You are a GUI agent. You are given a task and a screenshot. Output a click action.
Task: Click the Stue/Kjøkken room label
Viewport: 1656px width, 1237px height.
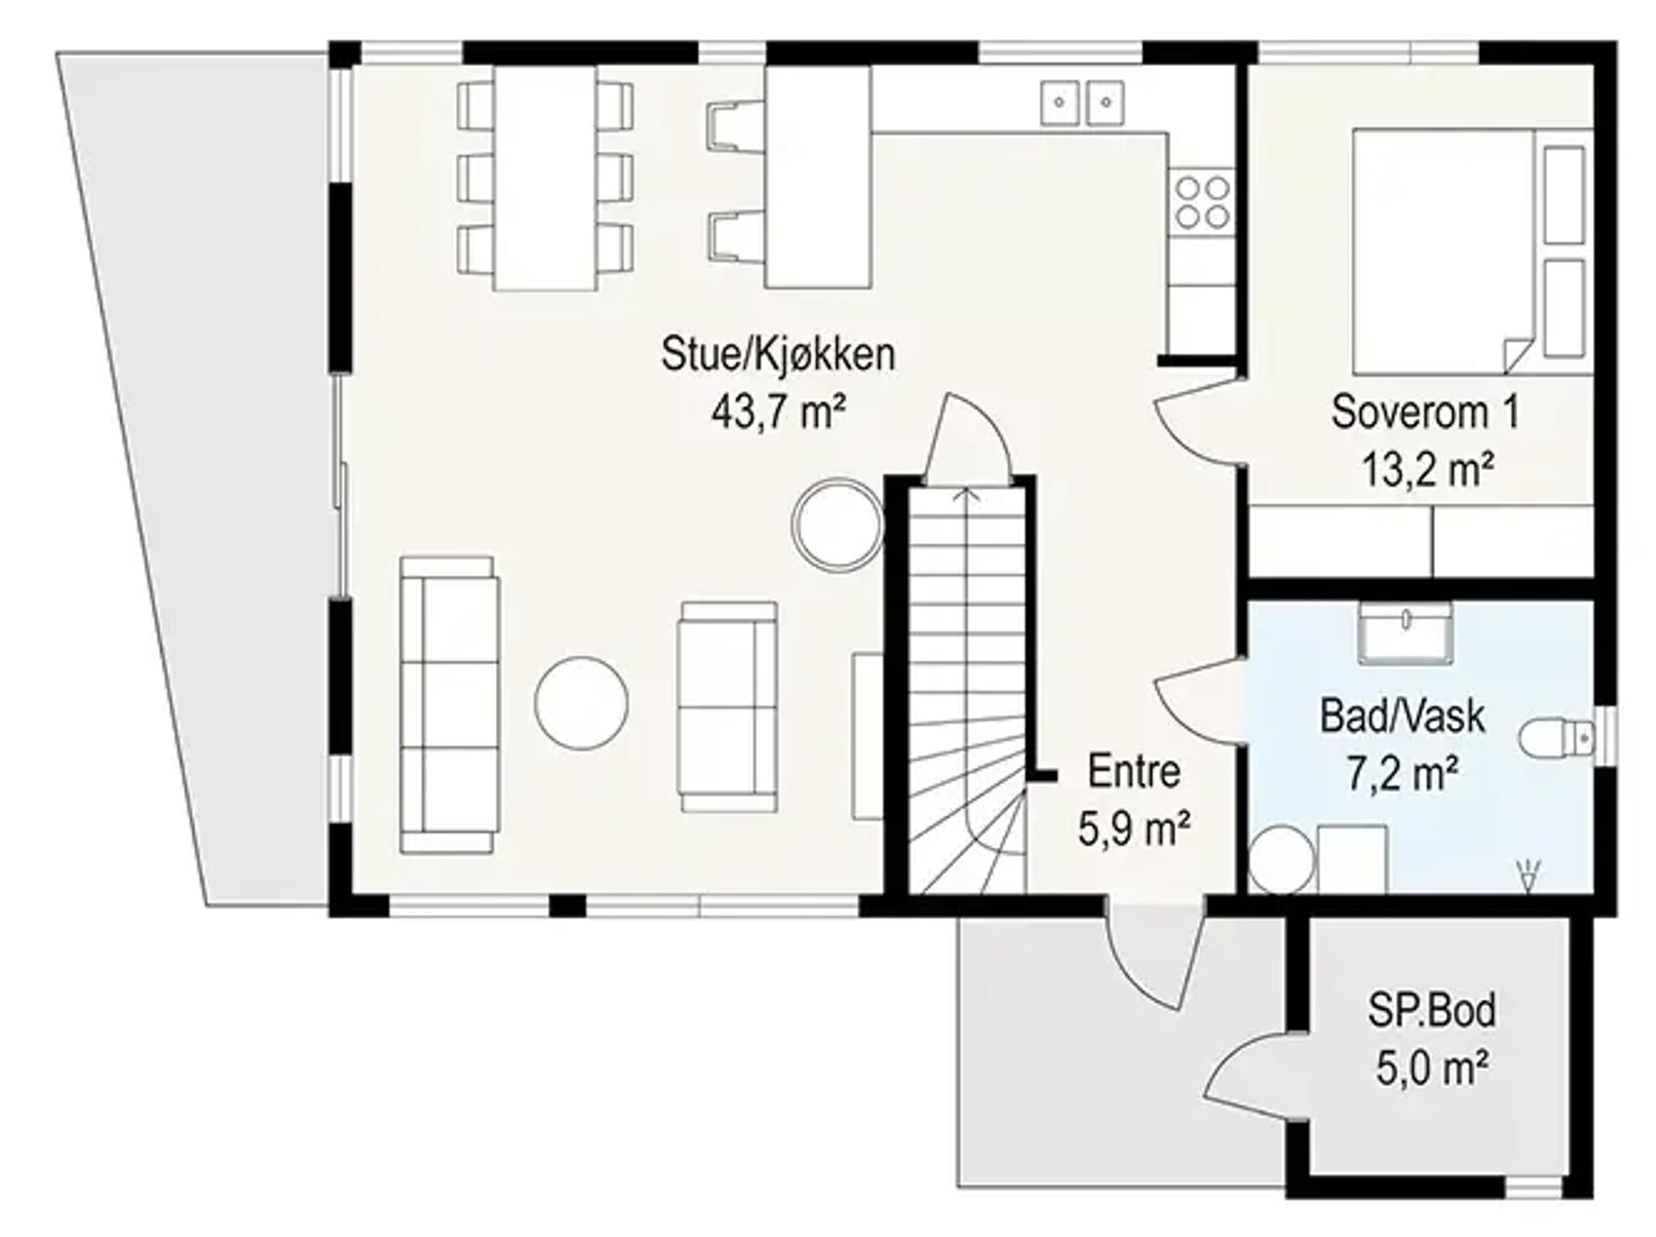tap(778, 355)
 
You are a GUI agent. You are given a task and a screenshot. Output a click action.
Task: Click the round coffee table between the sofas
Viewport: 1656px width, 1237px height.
tap(582, 703)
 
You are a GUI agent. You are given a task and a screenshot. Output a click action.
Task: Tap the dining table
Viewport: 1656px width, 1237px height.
tap(545, 178)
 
